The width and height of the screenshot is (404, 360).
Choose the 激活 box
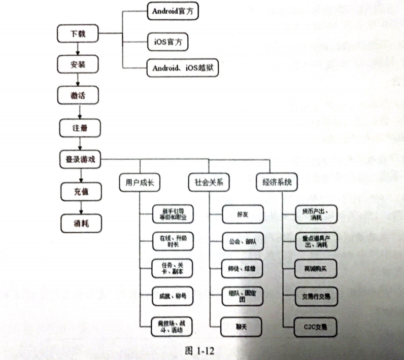pos(78,96)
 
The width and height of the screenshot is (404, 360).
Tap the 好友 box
pos(242,214)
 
